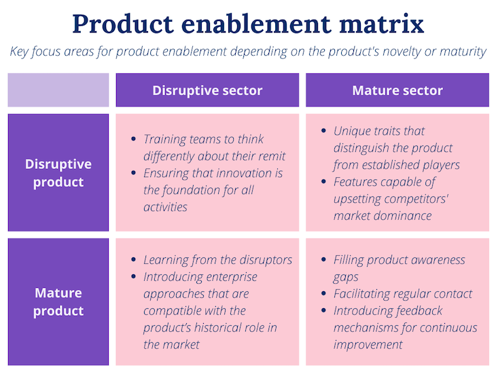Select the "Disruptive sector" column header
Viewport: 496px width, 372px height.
(207, 90)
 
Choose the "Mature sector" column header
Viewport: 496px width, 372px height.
(397, 90)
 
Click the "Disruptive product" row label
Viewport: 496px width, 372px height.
(58, 173)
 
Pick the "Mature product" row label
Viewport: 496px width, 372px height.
(58, 302)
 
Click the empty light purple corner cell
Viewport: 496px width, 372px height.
(58, 90)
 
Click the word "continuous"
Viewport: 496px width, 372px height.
(446, 328)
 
